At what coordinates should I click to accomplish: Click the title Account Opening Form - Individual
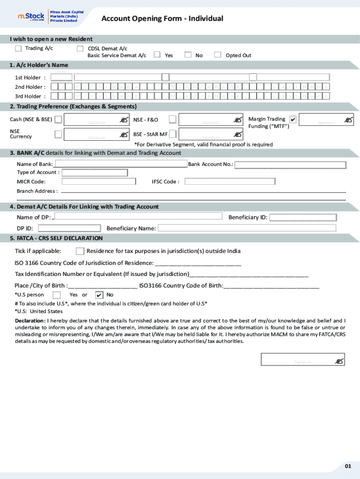coord(162,19)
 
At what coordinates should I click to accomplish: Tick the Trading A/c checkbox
coord(18,48)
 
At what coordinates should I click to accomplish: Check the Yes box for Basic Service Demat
coord(158,55)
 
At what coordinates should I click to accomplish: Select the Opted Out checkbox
coord(217,55)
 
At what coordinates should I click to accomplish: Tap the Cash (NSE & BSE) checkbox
coord(58,120)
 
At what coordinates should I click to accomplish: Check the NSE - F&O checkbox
coord(173,120)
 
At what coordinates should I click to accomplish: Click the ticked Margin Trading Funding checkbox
coord(293,119)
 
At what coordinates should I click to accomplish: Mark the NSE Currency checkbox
coord(58,134)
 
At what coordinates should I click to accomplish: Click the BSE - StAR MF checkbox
coord(173,134)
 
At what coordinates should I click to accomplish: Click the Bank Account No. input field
coord(290,165)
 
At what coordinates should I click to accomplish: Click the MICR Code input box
coord(99,181)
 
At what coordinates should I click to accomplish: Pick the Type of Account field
coord(94,173)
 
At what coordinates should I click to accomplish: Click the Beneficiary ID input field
coord(302,217)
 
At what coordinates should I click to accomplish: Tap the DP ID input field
coord(69,228)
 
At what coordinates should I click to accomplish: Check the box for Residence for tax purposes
coord(80,251)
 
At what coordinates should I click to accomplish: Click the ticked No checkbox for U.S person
coord(99,295)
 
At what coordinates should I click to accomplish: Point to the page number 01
coord(348,466)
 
